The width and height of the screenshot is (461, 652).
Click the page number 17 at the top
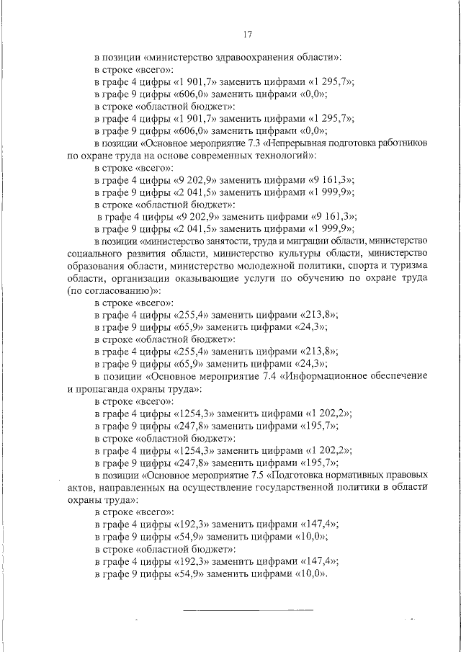click(x=246, y=34)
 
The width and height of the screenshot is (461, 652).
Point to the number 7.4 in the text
click(x=256, y=376)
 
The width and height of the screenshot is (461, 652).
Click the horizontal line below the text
click(x=248, y=611)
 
